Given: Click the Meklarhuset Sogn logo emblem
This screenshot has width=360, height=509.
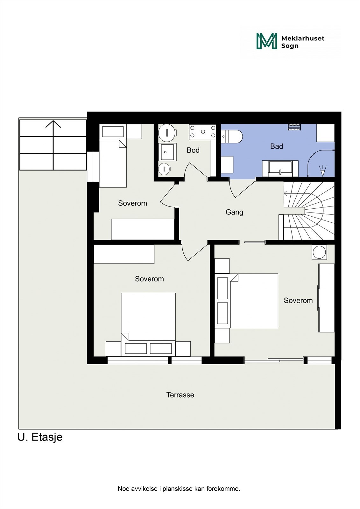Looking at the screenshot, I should point(267,41).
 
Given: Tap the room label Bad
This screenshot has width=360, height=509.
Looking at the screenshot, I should point(276,146).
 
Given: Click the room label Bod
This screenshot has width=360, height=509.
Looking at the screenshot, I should point(193,150).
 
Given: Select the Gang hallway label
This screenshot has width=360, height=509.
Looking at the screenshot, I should point(234,212).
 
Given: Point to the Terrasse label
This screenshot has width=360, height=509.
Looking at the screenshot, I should point(180,395).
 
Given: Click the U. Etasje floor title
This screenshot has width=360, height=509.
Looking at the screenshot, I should point(40,437).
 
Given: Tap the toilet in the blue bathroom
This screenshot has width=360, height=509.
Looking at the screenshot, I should point(232,136).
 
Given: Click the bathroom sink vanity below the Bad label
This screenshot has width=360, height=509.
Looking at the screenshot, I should point(280,168).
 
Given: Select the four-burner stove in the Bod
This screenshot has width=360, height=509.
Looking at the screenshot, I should point(202,132).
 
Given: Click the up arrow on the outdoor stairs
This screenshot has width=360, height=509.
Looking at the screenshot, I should point(53,124).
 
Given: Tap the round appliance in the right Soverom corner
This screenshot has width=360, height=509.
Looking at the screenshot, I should point(319,252).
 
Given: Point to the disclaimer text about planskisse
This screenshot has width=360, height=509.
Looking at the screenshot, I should point(179,489).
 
